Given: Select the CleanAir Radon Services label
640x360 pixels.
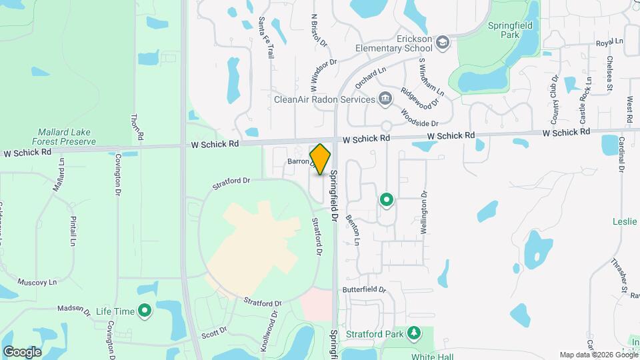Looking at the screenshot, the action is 325,99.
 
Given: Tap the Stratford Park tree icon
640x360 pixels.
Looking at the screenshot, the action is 414,331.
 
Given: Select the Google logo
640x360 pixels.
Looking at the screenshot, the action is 22,351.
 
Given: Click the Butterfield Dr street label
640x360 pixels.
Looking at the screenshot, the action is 365,290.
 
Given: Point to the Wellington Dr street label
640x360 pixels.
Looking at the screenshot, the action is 423,213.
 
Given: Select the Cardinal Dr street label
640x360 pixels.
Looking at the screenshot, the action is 621,155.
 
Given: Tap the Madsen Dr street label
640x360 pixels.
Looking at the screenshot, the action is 73,309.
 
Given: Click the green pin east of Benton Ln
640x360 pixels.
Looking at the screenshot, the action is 386,199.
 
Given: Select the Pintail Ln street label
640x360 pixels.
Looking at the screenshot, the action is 73,231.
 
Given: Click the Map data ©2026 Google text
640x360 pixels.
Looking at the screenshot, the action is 597,355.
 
